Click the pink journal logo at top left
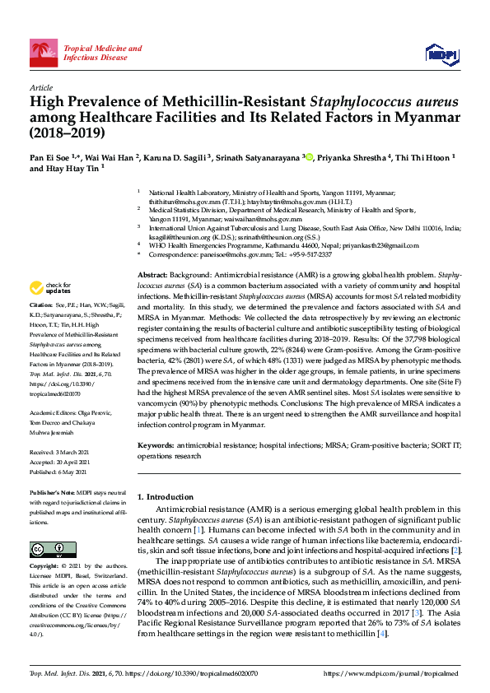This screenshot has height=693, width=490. click(x=44, y=53)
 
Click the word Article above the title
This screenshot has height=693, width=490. click(x=40, y=87)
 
